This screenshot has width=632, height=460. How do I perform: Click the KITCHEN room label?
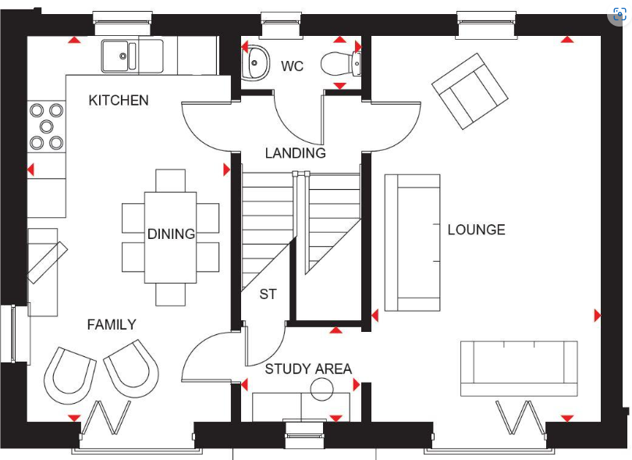[x=119, y=100]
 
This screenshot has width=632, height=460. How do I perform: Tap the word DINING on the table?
[x=171, y=234]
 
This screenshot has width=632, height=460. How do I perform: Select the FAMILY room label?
[x=112, y=324]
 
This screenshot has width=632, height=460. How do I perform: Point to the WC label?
[x=292, y=66]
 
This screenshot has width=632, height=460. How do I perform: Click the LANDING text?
[x=295, y=153]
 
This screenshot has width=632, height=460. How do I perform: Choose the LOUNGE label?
[x=476, y=230]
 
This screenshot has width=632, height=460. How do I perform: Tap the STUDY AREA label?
[x=308, y=369]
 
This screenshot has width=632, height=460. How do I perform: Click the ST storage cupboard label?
[x=268, y=294]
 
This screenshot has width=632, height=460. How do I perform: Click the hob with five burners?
[x=46, y=127]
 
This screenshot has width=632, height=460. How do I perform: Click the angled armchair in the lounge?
[x=470, y=91]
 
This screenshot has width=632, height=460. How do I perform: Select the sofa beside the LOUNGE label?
[x=413, y=242]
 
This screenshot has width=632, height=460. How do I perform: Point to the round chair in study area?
[x=322, y=388]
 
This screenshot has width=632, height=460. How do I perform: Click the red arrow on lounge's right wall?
[x=598, y=316]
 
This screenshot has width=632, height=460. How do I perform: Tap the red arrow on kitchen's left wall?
[x=31, y=169]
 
